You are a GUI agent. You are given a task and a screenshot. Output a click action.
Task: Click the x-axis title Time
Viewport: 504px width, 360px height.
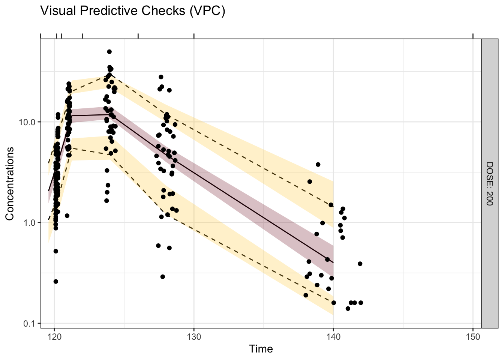point(261,349)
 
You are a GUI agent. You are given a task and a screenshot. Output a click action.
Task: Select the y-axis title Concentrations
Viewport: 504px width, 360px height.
point(10,183)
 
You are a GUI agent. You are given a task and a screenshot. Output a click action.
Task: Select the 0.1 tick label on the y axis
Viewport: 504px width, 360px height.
point(31,323)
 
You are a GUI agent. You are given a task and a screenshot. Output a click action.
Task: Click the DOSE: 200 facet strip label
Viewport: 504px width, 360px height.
point(489,183)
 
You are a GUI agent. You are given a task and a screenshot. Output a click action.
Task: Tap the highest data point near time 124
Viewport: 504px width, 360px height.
point(109,52)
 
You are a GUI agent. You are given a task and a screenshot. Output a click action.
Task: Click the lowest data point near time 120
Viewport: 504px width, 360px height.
point(55,281)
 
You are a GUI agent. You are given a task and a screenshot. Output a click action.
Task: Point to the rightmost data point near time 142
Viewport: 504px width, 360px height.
point(361,303)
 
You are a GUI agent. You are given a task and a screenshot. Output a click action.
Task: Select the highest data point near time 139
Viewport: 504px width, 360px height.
point(318,164)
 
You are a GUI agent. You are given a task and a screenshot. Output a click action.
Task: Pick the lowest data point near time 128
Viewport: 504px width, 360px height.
point(162,277)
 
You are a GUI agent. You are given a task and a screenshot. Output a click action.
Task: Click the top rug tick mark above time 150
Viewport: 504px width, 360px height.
point(473,36)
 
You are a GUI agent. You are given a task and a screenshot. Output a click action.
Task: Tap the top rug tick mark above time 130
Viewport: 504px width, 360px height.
point(194,36)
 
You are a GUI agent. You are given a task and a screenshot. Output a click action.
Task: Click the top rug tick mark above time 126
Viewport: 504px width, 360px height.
point(138,36)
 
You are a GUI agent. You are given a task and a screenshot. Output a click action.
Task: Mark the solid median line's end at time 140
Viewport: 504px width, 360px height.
point(333,262)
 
